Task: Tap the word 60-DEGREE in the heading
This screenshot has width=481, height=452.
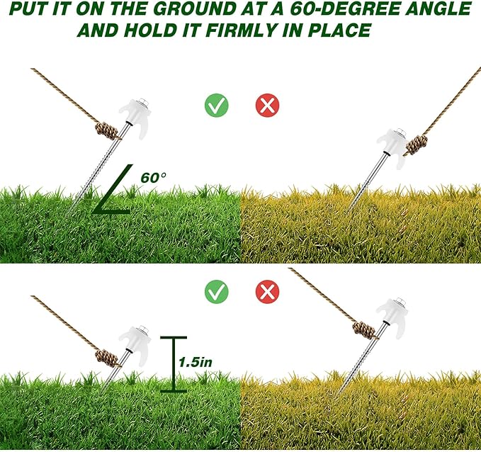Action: pyautogui.click(x=354, y=10)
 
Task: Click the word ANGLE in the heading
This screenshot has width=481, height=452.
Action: pyautogui.click(x=436, y=10)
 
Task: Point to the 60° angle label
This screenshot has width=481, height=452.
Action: pyautogui.click(x=153, y=177)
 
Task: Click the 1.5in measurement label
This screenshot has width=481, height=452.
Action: pyautogui.click(x=196, y=361)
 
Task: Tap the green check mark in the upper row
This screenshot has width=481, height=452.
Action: pyautogui.click(x=216, y=106)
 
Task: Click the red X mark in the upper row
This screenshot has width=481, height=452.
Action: pyautogui.click(x=267, y=106)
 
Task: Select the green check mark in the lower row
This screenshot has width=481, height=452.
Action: pyautogui.click(x=216, y=290)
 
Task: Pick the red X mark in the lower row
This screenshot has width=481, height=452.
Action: pyautogui.click(x=267, y=290)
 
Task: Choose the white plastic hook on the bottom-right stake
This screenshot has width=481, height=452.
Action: pyautogui.click(x=391, y=311)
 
